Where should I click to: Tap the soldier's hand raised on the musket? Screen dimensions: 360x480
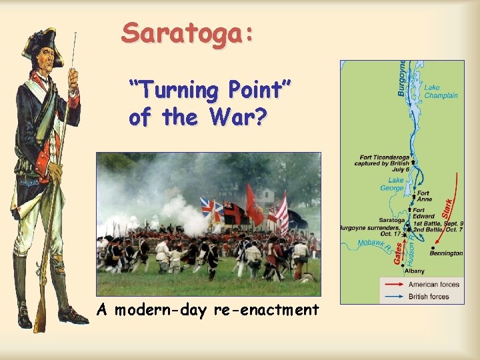coord(73,79)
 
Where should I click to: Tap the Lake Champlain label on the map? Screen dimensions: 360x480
coord(441,91)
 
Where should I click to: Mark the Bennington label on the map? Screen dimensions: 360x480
coord(446,253)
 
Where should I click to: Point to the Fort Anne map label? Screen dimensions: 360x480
coord(424,196)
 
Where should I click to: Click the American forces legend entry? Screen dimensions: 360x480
coord(434,285)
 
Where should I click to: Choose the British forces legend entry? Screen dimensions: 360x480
coord(429,296)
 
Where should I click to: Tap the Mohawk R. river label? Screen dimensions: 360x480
coord(371,245)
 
